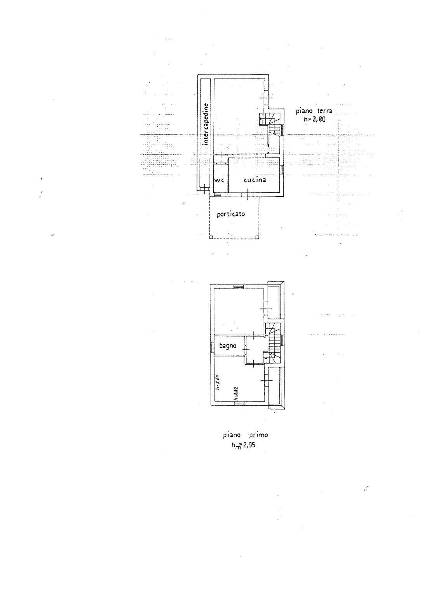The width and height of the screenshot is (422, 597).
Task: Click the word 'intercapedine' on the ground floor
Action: pyautogui.click(x=206, y=124)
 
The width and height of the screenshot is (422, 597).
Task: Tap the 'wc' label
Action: pyautogui.click(x=220, y=181)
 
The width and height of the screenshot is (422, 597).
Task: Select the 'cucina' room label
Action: pyautogui.click(x=255, y=180)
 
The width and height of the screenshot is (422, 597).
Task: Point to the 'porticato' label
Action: pyautogui.click(x=231, y=214)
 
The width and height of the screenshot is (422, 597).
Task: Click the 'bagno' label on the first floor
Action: pyautogui.click(x=228, y=346)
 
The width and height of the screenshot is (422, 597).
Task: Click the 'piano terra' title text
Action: pyautogui.click(x=314, y=111)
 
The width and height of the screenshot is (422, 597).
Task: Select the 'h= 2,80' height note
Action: pyautogui.click(x=315, y=119)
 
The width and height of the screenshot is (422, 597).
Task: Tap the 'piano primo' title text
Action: pyautogui.click(x=245, y=435)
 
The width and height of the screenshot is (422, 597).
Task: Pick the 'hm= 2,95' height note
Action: pyautogui.click(x=244, y=445)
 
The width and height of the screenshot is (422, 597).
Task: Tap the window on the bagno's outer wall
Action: pyautogui.click(x=212, y=347)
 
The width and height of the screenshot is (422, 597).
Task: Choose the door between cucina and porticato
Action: pyautogui.click(x=248, y=194)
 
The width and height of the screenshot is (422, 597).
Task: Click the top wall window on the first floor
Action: pyautogui.click(x=238, y=287)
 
